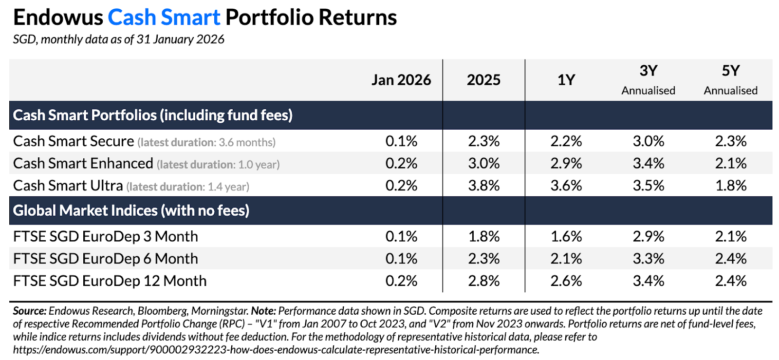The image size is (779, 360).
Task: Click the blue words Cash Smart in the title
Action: point(164,18)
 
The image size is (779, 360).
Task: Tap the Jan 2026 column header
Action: point(401,80)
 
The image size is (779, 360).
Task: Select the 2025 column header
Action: point(483,80)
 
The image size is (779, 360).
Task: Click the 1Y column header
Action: point(566,80)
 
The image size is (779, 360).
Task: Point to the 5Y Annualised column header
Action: point(730,80)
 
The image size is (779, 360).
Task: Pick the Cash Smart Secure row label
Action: point(74,141)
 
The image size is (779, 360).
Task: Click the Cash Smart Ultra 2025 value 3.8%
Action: point(483,186)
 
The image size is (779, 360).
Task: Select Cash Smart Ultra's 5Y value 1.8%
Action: point(730,186)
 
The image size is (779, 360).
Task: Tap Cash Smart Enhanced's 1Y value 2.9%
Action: point(566,164)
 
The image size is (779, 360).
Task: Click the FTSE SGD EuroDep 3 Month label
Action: point(106,237)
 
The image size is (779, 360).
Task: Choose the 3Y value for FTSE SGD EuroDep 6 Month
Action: point(648,259)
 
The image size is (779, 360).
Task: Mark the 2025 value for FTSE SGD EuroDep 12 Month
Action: point(483,281)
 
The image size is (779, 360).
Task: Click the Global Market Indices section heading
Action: point(131,210)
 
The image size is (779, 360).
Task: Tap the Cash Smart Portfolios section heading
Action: point(152,115)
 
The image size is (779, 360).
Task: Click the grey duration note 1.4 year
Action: point(227,187)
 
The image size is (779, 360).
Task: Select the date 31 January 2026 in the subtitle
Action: point(180,39)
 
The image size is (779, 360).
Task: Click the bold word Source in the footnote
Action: point(30,311)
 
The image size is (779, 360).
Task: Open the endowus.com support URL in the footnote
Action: point(276,350)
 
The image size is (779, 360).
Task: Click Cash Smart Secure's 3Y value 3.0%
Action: point(648,141)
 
